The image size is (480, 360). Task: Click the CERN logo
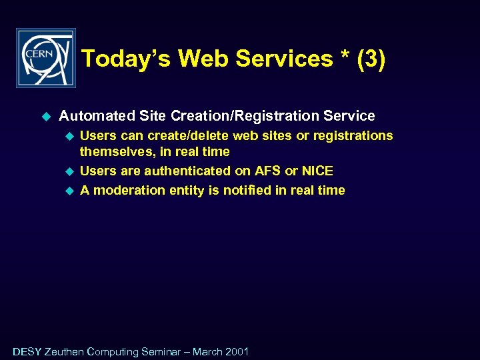tap(45, 58)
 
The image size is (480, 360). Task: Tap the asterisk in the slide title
tap(344, 57)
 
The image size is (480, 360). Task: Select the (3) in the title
tap(371, 59)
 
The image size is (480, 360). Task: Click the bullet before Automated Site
tap(46, 116)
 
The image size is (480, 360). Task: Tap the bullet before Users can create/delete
tap(67, 136)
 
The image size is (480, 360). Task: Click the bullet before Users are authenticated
tap(67, 171)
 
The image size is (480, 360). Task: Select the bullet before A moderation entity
tap(67, 191)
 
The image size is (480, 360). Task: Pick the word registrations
tap(353, 136)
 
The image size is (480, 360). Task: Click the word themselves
tap(117, 152)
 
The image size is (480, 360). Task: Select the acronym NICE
tap(317, 171)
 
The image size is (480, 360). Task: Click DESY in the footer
tap(27, 351)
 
